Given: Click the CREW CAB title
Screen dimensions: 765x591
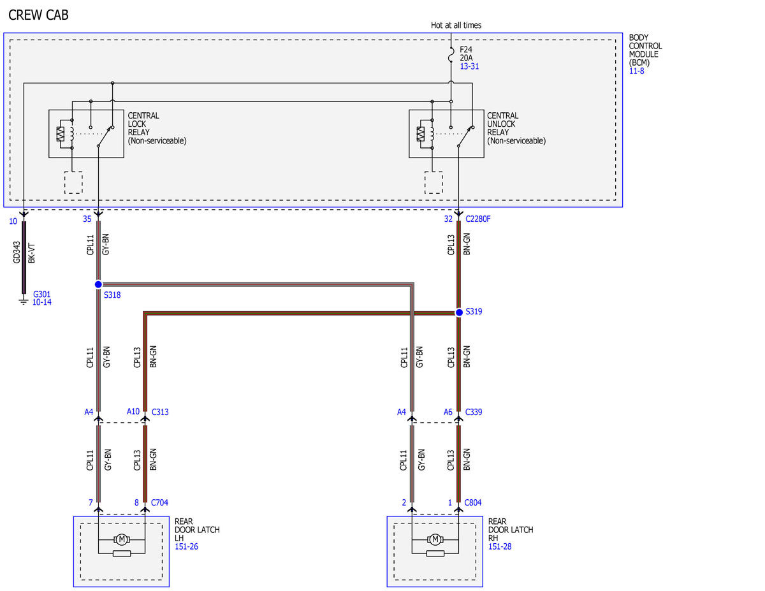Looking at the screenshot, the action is tap(38, 15).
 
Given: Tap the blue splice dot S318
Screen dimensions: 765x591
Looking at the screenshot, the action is tap(98, 284).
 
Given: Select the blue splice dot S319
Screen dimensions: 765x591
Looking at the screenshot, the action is tap(459, 312).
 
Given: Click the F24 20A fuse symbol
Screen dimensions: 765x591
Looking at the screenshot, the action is tap(451, 55).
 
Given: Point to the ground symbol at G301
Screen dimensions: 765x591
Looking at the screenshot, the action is tap(24, 302).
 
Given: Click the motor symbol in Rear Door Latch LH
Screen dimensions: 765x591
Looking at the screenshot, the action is tap(122, 539).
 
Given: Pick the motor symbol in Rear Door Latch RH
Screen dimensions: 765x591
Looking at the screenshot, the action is tap(435, 539).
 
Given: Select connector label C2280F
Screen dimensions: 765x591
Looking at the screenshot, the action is tap(477, 219).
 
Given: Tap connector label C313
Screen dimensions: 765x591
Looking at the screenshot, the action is tap(160, 412).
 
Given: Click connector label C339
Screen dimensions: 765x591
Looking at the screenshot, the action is tap(474, 412).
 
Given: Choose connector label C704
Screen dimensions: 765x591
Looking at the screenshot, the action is tap(159, 502).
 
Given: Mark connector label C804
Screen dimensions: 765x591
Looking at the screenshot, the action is tap(473, 502).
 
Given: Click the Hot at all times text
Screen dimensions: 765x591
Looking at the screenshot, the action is tap(456, 26).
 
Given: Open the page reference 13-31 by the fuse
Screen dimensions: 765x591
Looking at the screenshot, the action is tap(469, 66).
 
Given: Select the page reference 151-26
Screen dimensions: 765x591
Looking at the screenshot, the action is tap(186, 546).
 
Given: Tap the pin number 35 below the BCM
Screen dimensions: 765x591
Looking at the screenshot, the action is tap(87, 219).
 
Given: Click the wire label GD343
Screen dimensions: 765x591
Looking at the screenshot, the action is tap(17, 252).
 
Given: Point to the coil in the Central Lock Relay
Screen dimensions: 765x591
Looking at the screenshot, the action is tap(72, 134).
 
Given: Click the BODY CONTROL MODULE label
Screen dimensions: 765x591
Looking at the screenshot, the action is tap(645, 50).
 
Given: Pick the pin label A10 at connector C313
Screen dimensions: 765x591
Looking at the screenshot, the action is tap(133, 411).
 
